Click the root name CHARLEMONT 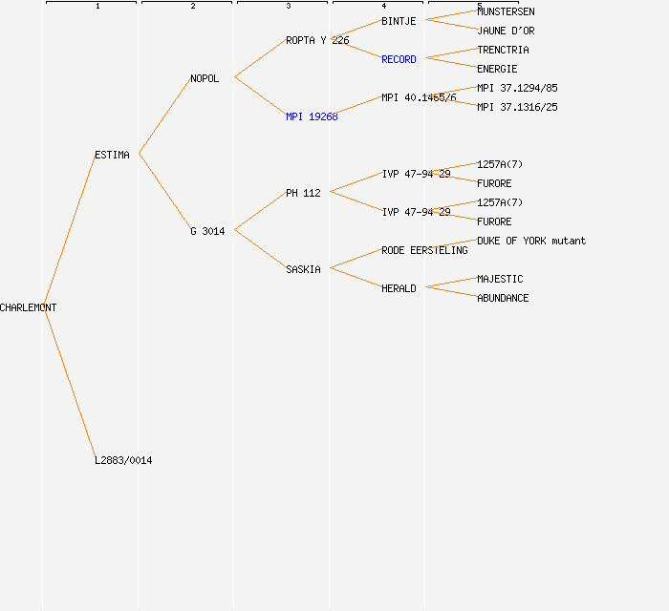(x=29, y=307)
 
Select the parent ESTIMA (x=112, y=155)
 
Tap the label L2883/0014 (x=123, y=460)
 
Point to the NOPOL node (x=205, y=78)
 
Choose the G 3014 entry (x=207, y=231)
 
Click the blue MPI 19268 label (x=312, y=116)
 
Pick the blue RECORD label (x=399, y=59)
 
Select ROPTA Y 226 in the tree (x=317, y=40)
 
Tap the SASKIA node (x=303, y=269)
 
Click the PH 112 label (x=303, y=193)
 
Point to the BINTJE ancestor (x=399, y=21)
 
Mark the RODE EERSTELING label (x=424, y=250)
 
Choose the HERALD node (x=399, y=288)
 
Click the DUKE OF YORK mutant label (x=531, y=241)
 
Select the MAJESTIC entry (x=500, y=279)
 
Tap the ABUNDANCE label (x=503, y=298)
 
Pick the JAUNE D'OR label (x=506, y=31)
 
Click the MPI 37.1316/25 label (x=517, y=107)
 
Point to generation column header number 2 (x=192, y=7)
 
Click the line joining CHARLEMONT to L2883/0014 (x=69, y=382)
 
